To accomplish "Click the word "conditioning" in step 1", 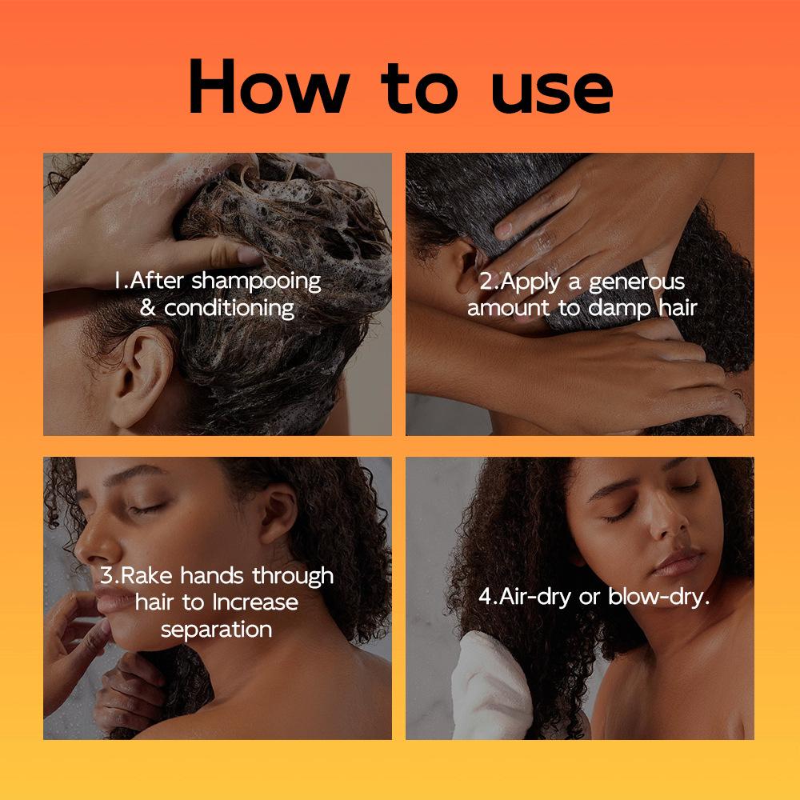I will point(230,307).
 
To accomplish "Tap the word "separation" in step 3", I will point(217,628).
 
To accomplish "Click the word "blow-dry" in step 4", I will point(658,597).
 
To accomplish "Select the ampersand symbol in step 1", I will point(148,307).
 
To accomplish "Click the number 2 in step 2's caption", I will point(486,282).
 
